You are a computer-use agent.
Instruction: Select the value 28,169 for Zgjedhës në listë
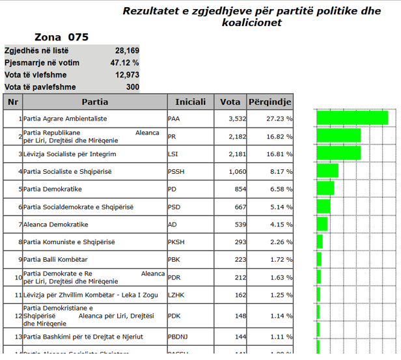127,50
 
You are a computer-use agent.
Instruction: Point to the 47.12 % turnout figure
125,62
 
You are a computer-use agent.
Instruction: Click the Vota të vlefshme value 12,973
127,75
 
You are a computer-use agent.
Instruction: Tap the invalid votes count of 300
132,87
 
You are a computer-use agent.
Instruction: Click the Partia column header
95,102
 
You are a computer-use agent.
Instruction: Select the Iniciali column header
190,102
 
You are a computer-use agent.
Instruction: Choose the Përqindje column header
270,102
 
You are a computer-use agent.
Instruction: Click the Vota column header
230,102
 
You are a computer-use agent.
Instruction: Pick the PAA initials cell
174,119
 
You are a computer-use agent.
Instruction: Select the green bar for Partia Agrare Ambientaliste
352,118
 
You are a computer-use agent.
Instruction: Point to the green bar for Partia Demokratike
325,187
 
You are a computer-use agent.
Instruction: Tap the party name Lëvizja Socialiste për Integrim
70,154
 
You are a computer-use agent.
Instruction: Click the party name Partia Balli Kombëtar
55,260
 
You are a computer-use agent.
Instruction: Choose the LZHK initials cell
176,295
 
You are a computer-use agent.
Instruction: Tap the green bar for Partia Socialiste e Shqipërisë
327,171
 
